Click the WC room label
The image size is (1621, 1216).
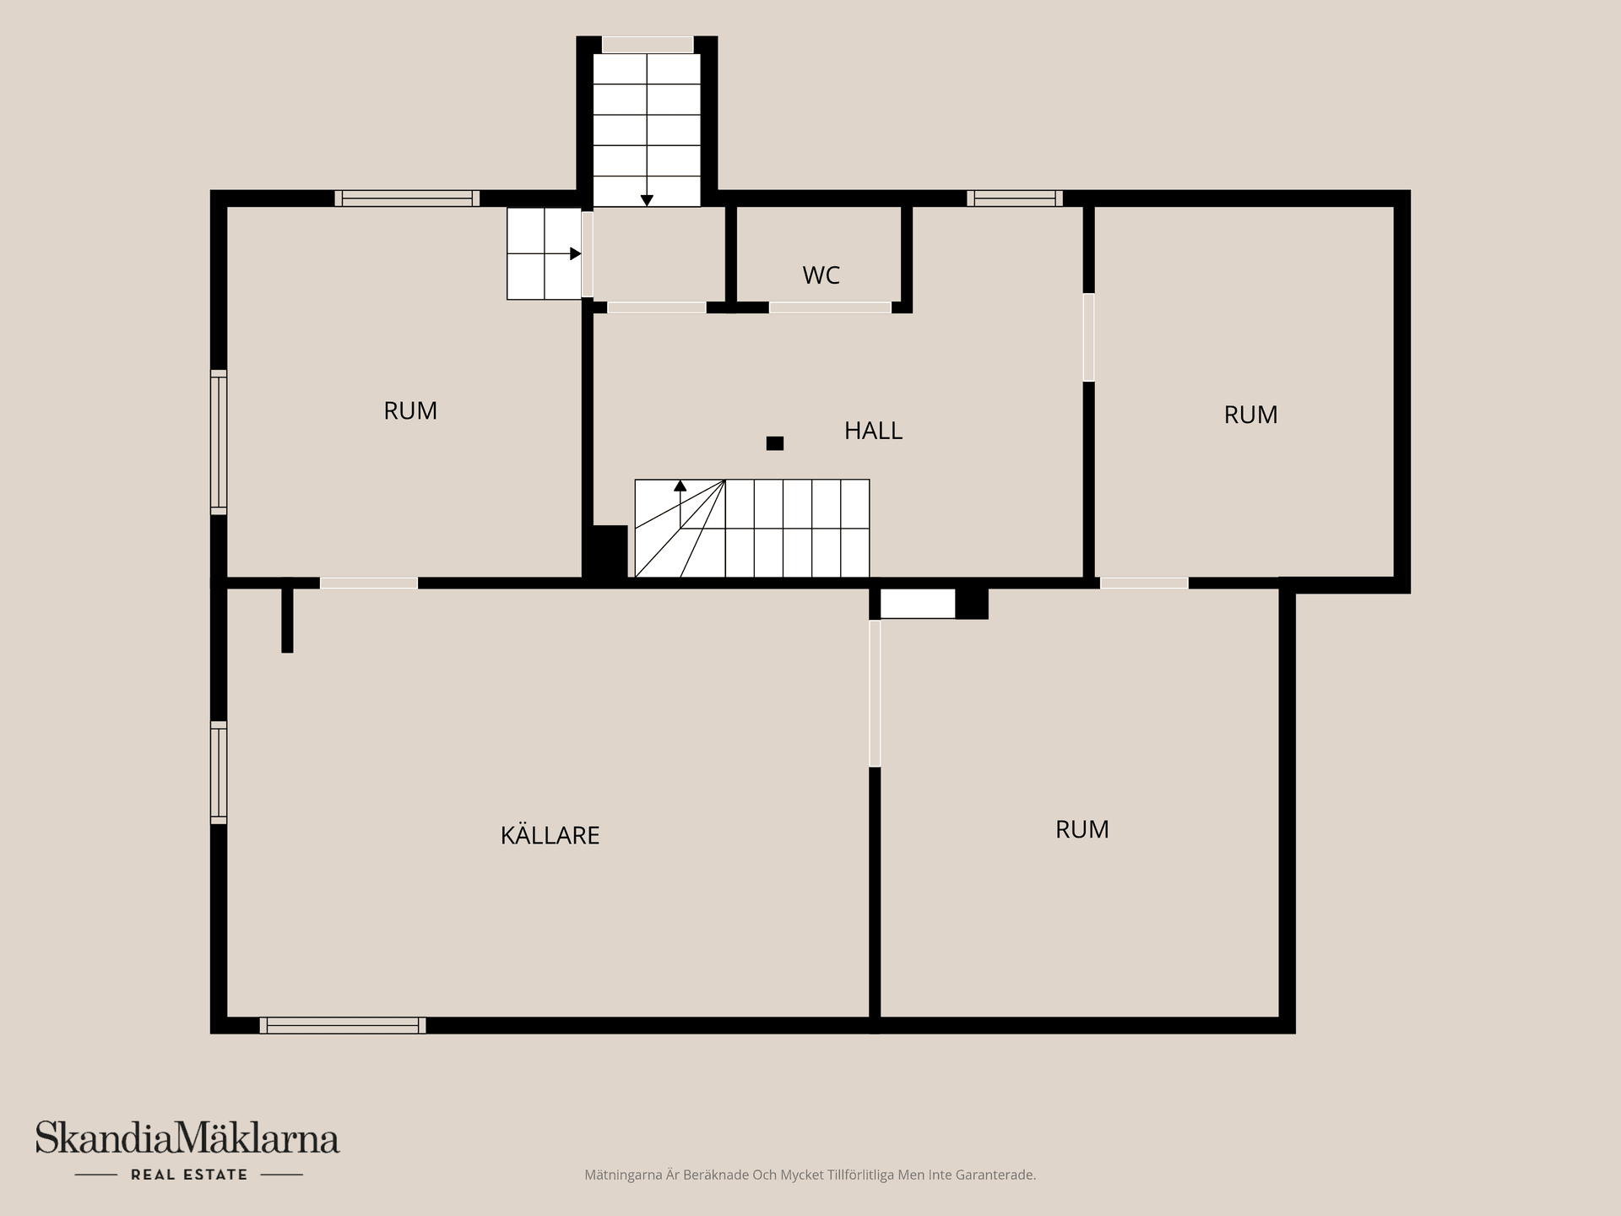point(821,275)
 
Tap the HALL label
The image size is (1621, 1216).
point(873,431)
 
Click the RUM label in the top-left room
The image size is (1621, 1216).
point(410,410)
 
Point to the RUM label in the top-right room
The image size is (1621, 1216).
point(1250,415)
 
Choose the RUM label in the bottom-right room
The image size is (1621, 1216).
point(1082,829)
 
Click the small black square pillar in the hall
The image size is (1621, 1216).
point(774,442)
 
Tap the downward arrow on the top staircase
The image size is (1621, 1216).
point(647,130)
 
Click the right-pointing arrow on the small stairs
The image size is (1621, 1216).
point(563,253)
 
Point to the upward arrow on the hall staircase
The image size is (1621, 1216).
point(680,503)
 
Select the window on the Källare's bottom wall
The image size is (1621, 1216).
point(343,1025)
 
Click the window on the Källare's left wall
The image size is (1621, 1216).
point(219,772)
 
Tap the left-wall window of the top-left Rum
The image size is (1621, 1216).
point(219,442)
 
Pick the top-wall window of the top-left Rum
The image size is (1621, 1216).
point(407,198)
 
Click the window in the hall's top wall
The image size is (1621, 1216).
point(1015,198)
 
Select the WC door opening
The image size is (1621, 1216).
point(830,307)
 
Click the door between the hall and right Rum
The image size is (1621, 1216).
point(1089,337)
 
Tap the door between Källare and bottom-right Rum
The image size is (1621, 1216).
point(875,693)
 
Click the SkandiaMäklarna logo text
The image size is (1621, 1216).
point(187,1137)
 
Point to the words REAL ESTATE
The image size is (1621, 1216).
point(189,1175)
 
